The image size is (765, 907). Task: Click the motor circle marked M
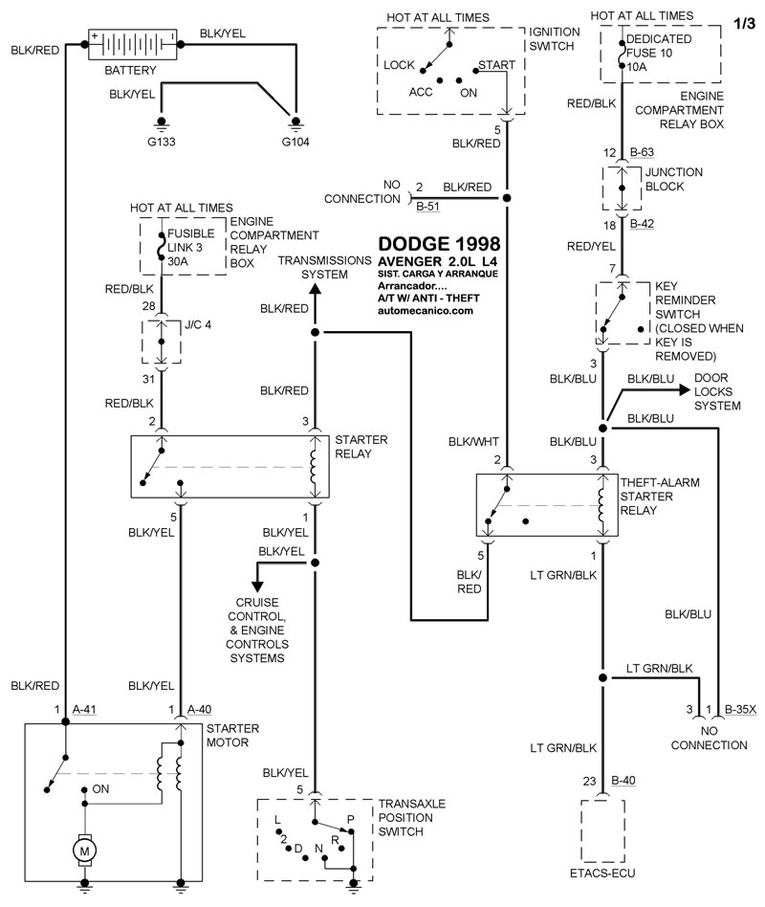85,848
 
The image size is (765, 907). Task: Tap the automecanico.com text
426,311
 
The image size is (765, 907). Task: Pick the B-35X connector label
740,709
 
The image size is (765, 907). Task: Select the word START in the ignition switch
496,65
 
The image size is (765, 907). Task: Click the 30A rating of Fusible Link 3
179,258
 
